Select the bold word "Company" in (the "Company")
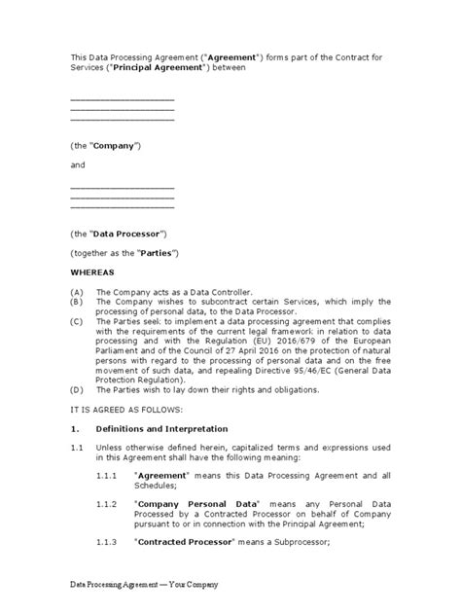pos(116,145)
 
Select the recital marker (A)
pos(78,292)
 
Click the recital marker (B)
pos(78,303)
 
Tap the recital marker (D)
pos(78,391)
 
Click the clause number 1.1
pos(78,450)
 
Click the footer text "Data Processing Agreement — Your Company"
pos(144,584)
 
